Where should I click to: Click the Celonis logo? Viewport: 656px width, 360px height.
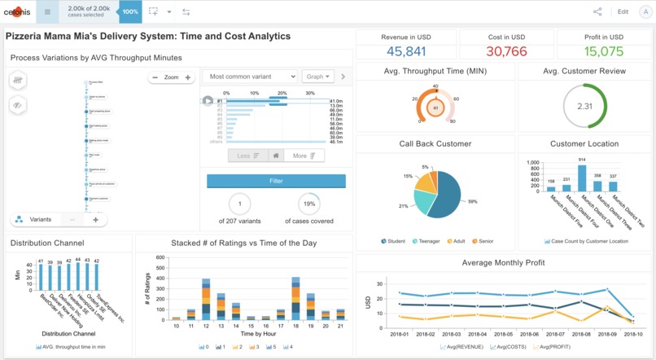tap(17, 12)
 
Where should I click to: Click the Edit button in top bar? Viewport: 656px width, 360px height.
tap(623, 12)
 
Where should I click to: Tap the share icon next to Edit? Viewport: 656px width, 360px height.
tap(598, 12)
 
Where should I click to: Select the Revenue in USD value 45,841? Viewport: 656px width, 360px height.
tap(406, 51)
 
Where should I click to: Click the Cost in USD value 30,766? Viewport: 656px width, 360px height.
tap(506, 51)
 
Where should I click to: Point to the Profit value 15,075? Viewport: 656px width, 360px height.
tap(604, 51)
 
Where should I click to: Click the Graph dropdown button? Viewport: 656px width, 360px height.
tap(317, 77)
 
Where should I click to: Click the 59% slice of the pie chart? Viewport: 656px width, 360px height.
tap(447, 195)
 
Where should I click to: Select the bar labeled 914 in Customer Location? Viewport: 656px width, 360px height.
tap(582, 177)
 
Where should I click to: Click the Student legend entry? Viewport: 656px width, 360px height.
tap(395, 241)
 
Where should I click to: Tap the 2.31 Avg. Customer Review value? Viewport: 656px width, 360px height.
tap(584, 107)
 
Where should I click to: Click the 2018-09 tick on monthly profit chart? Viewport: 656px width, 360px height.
tap(606, 334)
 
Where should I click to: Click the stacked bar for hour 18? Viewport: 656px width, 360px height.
tap(295, 297)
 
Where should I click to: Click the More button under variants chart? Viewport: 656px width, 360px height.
tap(304, 156)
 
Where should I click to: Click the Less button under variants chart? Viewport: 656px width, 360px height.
tap(247, 156)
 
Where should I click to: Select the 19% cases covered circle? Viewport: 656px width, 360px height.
tap(308, 204)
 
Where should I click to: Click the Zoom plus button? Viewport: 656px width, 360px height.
tap(188, 78)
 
